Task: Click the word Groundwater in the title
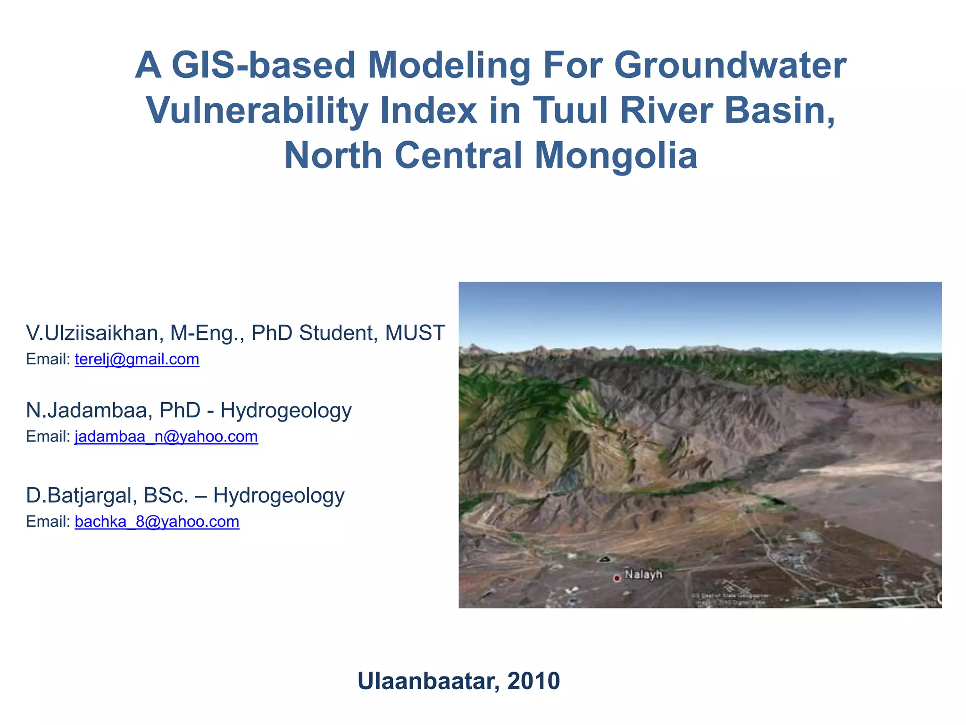(x=730, y=66)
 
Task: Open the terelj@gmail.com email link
(x=137, y=359)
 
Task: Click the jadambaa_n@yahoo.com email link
(x=166, y=437)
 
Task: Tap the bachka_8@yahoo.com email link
(x=157, y=522)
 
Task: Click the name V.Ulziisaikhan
(x=92, y=333)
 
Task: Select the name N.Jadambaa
(x=89, y=411)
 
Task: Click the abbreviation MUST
(x=415, y=333)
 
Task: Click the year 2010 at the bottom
(x=533, y=681)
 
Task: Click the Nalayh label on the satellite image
(x=643, y=575)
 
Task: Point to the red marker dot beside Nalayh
(x=616, y=578)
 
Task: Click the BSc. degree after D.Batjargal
(x=166, y=496)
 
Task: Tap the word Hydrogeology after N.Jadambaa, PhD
(x=286, y=411)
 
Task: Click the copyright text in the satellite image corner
(x=730, y=599)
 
